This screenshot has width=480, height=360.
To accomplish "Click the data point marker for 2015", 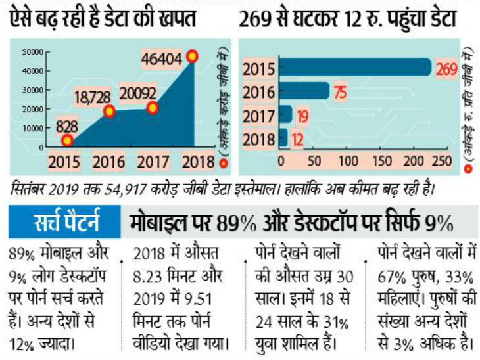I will click(x=67, y=140).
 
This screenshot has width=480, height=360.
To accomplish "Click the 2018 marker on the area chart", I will click(x=192, y=56).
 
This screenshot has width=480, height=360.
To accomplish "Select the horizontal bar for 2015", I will click(x=355, y=68).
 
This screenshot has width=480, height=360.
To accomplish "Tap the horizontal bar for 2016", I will click(x=304, y=91).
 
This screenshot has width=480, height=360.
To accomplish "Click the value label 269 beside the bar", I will click(x=446, y=68).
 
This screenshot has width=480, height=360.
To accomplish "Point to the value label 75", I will click(x=340, y=92).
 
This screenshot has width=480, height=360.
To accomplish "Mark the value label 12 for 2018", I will click(x=298, y=139).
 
